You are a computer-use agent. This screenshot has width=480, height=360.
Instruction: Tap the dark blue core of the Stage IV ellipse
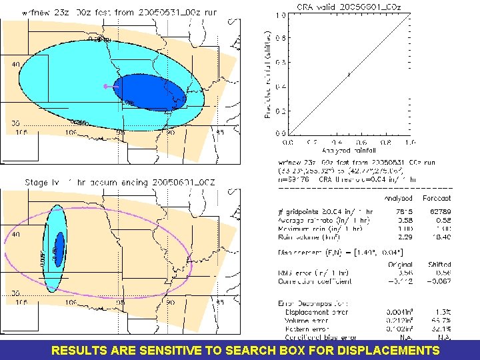tap(59, 248)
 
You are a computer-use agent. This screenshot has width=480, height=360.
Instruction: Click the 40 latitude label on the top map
tap(16, 65)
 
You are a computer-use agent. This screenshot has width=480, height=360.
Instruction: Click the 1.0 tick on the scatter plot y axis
tap(282, 15)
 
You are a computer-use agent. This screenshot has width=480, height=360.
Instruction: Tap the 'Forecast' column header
tap(436, 198)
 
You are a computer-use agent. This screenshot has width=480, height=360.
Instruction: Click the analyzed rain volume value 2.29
tap(401, 237)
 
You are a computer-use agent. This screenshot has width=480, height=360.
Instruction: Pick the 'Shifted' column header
tap(438, 265)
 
